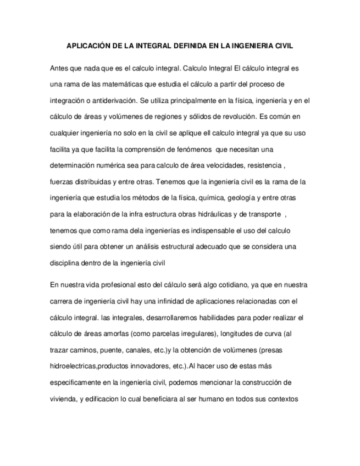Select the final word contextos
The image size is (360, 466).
click(x=283, y=398)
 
